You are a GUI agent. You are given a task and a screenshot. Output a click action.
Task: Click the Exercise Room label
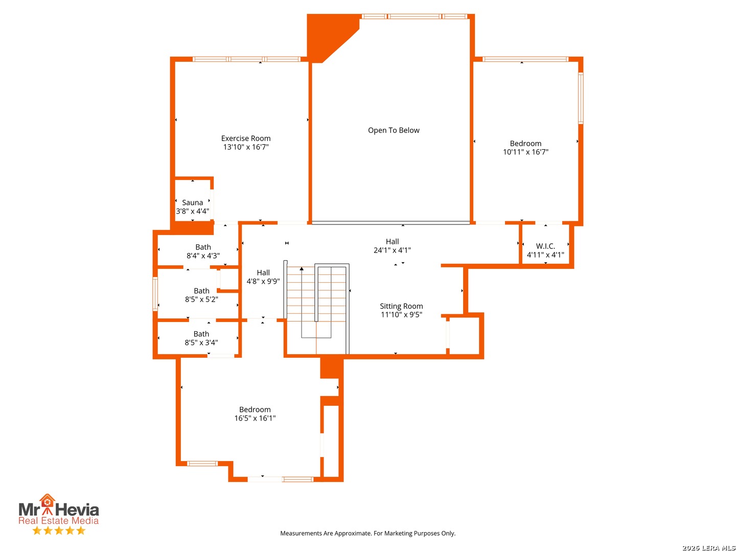click(x=245, y=138)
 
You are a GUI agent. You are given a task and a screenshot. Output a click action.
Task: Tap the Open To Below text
click(x=394, y=130)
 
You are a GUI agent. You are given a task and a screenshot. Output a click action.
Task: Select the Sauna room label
click(x=192, y=202)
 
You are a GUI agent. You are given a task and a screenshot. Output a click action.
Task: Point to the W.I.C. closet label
click(x=545, y=246)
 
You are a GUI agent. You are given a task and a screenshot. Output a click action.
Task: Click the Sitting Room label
click(x=401, y=306)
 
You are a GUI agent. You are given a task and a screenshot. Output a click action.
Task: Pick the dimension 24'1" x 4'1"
click(x=392, y=250)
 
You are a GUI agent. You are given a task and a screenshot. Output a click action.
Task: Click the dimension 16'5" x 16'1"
click(x=255, y=418)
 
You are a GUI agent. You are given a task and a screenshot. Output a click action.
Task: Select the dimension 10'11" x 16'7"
click(x=525, y=152)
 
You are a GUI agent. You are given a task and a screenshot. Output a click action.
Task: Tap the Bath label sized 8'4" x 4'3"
click(x=203, y=247)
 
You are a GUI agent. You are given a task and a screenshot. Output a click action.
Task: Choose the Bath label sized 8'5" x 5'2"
click(x=201, y=291)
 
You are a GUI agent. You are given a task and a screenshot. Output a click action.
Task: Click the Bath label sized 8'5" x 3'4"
click(x=201, y=334)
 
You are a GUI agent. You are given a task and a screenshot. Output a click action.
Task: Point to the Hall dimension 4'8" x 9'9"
click(x=263, y=281)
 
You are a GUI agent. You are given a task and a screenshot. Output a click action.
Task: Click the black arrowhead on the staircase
click(x=302, y=268)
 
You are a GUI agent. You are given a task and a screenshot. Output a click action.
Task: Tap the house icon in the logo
click(x=48, y=501)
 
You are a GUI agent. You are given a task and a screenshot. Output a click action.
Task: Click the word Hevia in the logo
click(x=77, y=510)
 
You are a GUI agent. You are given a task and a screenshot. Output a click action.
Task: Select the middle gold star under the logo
click(x=59, y=531)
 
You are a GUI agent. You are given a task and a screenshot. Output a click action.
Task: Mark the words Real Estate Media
click(x=58, y=520)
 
